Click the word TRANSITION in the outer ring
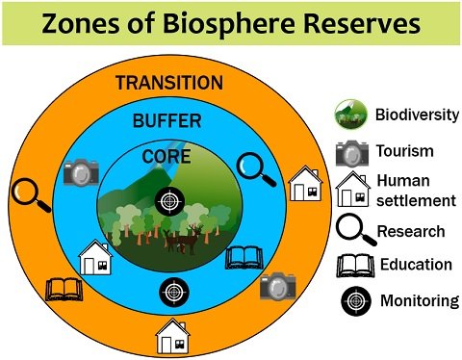[168, 83]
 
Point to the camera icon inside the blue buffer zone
[81, 172]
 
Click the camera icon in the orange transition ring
[277, 284]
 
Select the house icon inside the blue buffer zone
[95, 258]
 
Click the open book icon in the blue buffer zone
[242, 257]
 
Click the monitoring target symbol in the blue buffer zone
[173, 290]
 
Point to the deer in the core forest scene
[180, 240]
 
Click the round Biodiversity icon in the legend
[351, 116]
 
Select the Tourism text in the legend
[405, 151]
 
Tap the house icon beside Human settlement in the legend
[352, 190]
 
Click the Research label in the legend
[411, 231]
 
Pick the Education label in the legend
[416, 264]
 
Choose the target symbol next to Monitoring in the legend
[352, 300]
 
